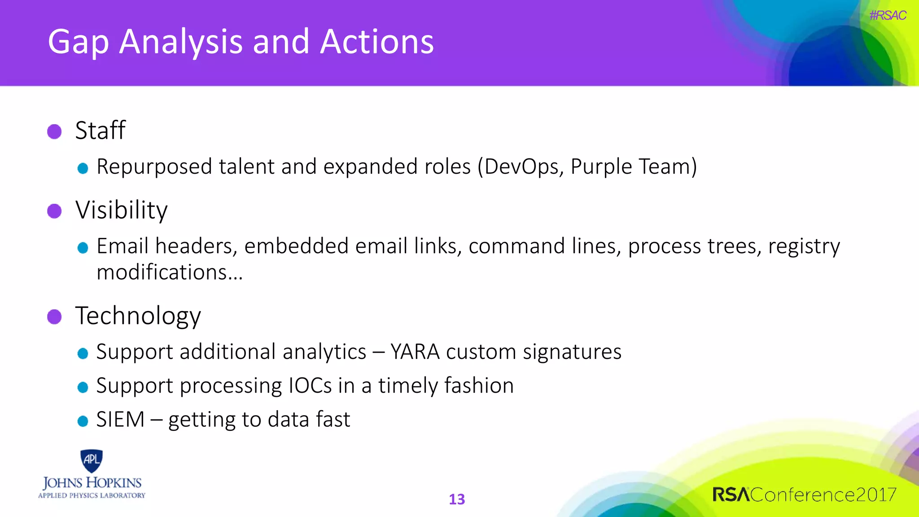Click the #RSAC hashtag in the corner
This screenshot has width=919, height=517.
point(887,15)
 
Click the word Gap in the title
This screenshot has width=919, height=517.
point(79,43)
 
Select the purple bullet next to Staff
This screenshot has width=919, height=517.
point(54,131)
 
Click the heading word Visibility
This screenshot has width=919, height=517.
point(122,210)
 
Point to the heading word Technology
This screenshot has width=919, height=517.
point(138,316)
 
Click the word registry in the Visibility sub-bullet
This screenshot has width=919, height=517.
point(804,246)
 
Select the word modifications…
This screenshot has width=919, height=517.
point(170,272)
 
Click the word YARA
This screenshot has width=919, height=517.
point(415,351)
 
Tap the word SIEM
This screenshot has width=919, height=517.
point(120,420)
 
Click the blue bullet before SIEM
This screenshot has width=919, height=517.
point(83,421)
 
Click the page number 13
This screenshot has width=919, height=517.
point(457,499)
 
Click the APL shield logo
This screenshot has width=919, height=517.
point(92,460)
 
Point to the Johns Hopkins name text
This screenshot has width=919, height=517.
point(92,483)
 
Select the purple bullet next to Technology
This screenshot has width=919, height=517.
point(54,316)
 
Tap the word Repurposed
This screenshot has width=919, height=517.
point(154,167)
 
